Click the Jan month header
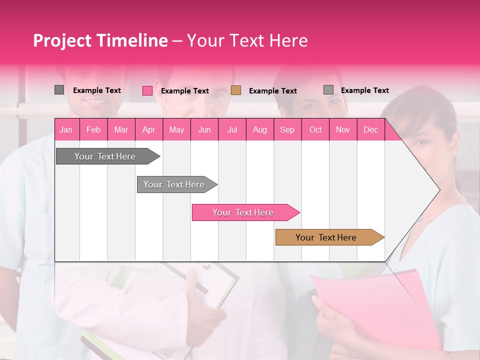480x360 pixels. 66,129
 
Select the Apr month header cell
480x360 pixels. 148,129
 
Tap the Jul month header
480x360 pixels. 232,129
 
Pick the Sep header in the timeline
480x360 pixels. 287,129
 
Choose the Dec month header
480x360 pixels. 370,129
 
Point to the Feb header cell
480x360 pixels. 93,129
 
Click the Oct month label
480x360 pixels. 315,129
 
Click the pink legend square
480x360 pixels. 147,90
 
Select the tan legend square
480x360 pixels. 236,90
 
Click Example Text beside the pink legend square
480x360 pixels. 185,91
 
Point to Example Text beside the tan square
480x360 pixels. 273,91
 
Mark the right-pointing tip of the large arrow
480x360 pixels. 439,190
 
